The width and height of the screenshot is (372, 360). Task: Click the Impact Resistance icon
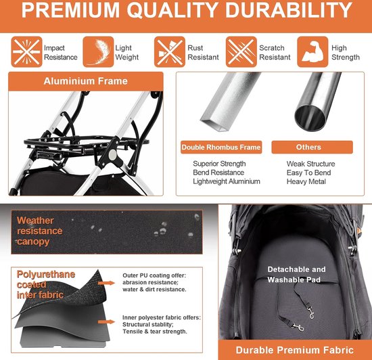click(x=24, y=52)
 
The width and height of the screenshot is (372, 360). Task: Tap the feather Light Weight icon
click(x=98, y=52)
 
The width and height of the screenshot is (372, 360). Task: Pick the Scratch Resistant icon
click(x=240, y=52)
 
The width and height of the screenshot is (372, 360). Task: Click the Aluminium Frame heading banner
click(x=85, y=81)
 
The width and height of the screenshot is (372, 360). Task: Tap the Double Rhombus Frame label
click(x=221, y=147)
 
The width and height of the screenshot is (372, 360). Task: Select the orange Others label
click(x=308, y=147)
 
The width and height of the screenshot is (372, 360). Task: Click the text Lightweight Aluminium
click(x=226, y=181)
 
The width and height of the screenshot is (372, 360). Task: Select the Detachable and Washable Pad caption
click(x=296, y=274)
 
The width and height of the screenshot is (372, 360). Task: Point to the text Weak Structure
click(x=310, y=164)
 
